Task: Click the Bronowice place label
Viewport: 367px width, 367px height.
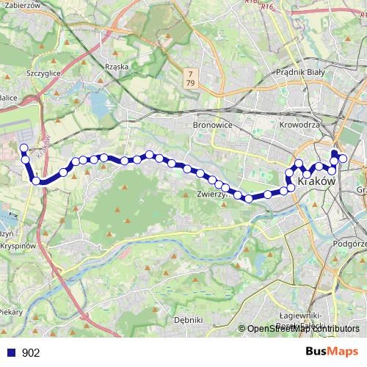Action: [x=212, y=126]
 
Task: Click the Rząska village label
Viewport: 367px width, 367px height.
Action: [x=117, y=66]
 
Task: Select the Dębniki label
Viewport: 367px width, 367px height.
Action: [x=189, y=320]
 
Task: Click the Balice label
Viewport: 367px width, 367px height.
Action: [x=8, y=96]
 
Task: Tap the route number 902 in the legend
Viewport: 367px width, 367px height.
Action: [x=31, y=353]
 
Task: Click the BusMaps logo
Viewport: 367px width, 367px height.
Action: [x=332, y=352]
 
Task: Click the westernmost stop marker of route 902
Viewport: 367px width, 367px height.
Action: [x=23, y=148]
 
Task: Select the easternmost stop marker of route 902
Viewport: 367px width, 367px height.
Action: [x=343, y=161]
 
